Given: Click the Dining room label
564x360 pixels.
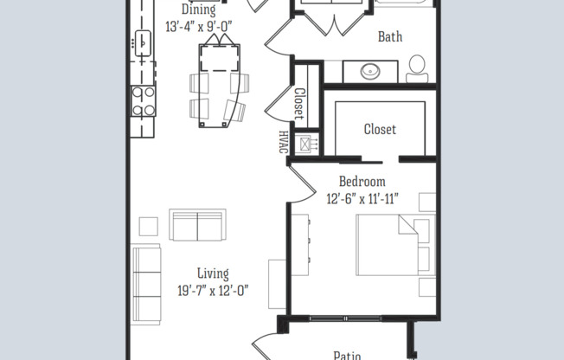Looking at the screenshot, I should [x=197, y=10].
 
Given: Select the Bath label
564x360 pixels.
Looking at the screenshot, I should [x=390, y=36].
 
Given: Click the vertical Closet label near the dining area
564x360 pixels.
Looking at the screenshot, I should [x=299, y=104].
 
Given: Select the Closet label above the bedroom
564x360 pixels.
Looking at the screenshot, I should [x=380, y=129].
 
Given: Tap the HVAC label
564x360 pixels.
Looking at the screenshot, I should [x=283, y=141].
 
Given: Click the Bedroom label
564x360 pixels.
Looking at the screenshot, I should [x=362, y=182].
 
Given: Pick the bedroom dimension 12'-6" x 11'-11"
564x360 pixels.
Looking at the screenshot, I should [x=362, y=198].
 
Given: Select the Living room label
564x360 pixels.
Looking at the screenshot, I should [x=213, y=274].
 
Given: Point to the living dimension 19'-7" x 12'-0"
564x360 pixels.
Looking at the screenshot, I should [x=213, y=291].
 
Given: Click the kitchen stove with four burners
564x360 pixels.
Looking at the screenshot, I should [x=143, y=100].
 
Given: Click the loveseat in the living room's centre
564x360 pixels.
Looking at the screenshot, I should [x=198, y=225].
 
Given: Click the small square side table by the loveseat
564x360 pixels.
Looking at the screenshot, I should [x=148, y=226].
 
